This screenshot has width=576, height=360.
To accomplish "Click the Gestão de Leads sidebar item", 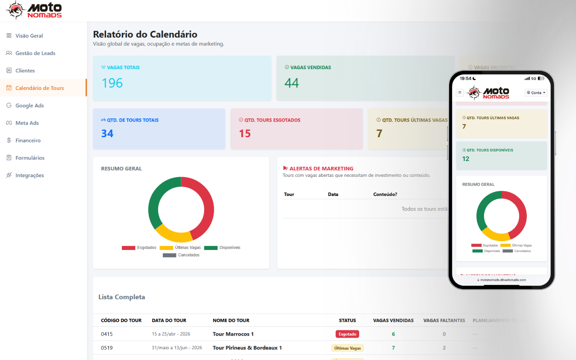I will point(35,53).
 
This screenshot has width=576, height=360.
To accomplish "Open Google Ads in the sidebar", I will point(29,106).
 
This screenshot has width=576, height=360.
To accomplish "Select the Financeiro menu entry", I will point(28,140).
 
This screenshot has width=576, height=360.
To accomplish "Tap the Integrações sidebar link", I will point(29,175).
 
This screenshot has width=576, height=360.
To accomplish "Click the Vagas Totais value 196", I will point(112,83).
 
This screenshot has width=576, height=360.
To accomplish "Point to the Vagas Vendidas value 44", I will point(292,83).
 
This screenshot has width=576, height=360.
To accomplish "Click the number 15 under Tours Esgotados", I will point(245,134).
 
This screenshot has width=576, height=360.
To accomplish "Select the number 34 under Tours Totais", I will point(107,134).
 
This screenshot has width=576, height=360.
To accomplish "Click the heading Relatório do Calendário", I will point(145,34).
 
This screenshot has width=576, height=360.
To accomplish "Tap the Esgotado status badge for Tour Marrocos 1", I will point(347,334).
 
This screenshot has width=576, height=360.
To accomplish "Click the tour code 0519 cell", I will point(107,348).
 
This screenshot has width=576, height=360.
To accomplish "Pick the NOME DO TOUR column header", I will point(231,320).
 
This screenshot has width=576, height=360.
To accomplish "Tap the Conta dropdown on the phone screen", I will point(536,93).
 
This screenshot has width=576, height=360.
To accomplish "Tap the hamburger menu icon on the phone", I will point(460,92).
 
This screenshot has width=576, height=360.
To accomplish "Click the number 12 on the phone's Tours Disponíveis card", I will point(466,159).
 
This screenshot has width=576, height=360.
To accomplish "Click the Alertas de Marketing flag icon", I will point(285,168).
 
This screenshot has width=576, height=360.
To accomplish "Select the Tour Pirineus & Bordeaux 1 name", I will point(247,348).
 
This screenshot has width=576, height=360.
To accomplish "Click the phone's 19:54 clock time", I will point(466,78).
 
